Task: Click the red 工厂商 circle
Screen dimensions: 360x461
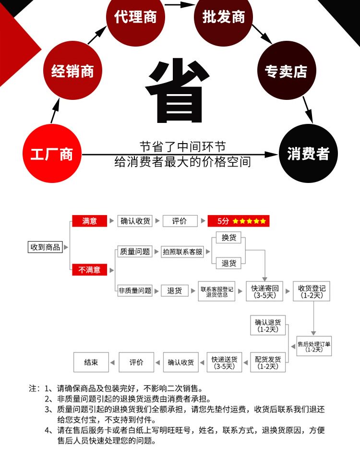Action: tap(52, 154)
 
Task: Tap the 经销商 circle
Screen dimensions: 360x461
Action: tap(72, 72)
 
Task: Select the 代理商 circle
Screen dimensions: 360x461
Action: tap(135, 17)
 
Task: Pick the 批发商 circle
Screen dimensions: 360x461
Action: tap(223, 17)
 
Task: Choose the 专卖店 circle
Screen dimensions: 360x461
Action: tap(286, 72)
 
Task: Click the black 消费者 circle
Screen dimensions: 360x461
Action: tap(308, 154)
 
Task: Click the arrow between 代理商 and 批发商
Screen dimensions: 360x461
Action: tap(180, 6)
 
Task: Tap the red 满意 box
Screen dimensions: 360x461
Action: tap(89, 221)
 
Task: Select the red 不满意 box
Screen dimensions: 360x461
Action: tap(90, 270)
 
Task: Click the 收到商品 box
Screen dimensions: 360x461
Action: tap(45, 247)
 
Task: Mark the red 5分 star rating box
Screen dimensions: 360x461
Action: tap(239, 221)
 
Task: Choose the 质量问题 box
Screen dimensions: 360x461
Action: tap(134, 251)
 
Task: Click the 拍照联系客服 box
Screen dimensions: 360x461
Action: tap(182, 252)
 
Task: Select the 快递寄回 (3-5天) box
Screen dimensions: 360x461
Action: tap(264, 291)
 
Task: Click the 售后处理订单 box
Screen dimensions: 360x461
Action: tap(314, 346)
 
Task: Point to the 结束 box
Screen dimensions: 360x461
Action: tap(91, 363)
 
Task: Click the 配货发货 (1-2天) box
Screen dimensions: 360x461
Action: tap(268, 363)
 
